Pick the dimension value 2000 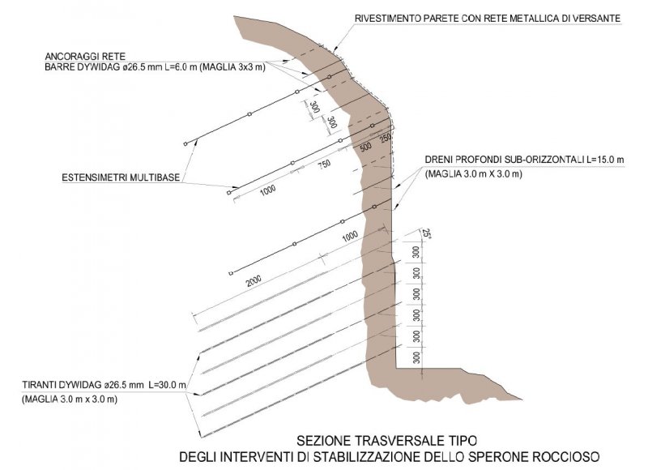coord(254,281)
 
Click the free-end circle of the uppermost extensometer coord(185,143)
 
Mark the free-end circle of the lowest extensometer coord(232,272)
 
